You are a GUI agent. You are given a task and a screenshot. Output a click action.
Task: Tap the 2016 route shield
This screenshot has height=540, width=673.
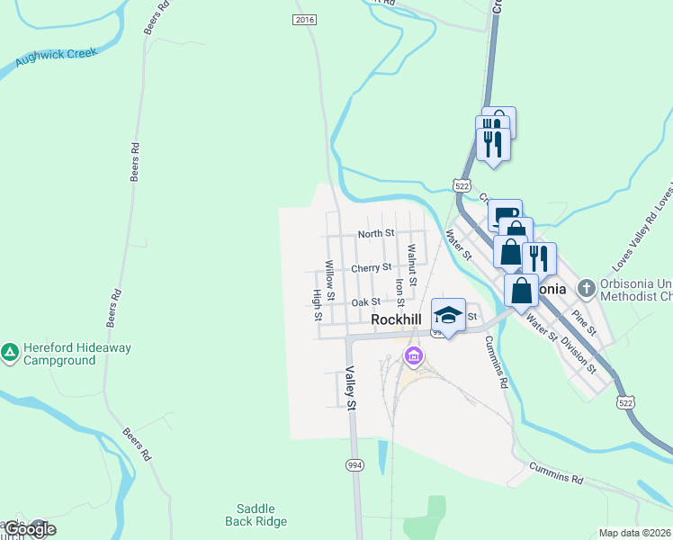pos(305,19)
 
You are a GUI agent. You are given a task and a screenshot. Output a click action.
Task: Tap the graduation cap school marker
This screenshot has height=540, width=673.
pos(448,315)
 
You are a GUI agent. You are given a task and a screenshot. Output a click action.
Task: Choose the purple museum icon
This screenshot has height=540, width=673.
pos(413,356)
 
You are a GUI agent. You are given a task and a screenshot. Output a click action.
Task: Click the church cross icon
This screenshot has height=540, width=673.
pos(587,289)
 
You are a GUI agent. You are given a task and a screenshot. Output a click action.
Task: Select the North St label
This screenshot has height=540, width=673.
pos(375,233)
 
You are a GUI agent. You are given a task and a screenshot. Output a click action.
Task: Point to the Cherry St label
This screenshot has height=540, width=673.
pos(371,267)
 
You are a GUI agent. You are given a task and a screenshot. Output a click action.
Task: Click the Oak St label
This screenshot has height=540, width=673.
pos(365,302)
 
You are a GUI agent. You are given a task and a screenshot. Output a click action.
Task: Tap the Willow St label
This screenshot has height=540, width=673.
pos(330,281)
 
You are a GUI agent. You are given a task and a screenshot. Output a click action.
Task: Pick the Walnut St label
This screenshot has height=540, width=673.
pos(411,265)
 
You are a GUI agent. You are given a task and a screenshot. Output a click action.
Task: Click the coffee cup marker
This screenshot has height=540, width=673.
pos(506,214)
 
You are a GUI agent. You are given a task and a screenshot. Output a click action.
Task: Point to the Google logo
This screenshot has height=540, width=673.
pos(29,529)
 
